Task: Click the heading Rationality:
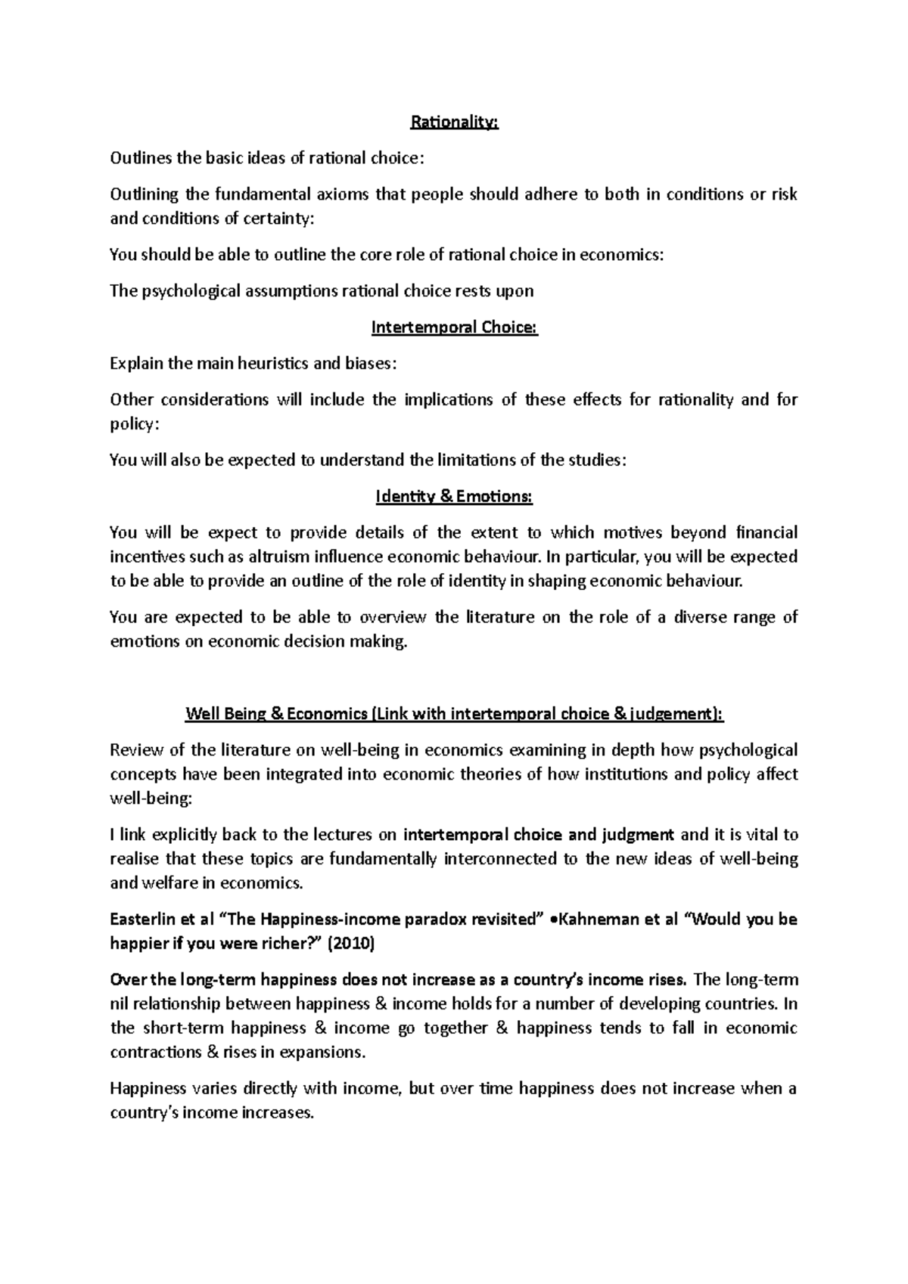point(454,123)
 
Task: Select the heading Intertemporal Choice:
point(454,327)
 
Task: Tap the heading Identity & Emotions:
point(454,497)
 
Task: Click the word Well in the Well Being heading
point(202,714)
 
